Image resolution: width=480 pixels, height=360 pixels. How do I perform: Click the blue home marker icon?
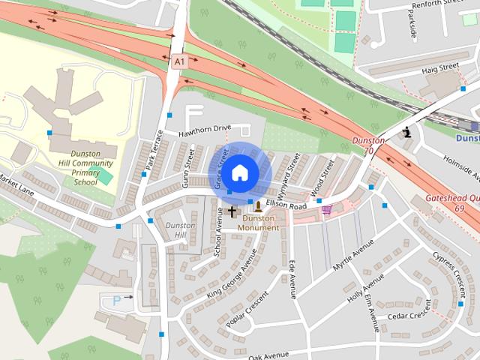[239, 172]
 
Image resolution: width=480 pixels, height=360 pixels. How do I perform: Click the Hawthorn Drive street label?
[204, 130]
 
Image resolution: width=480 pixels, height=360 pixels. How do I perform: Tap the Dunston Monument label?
[258, 223]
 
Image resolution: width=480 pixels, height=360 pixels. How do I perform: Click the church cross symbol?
[232, 211]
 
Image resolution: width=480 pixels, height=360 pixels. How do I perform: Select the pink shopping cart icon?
[327, 211]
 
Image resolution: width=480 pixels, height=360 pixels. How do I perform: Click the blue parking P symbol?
[116, 300]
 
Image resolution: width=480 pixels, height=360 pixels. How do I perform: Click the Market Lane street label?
[16, 181]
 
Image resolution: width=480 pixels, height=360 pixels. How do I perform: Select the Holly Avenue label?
[365, 287]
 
